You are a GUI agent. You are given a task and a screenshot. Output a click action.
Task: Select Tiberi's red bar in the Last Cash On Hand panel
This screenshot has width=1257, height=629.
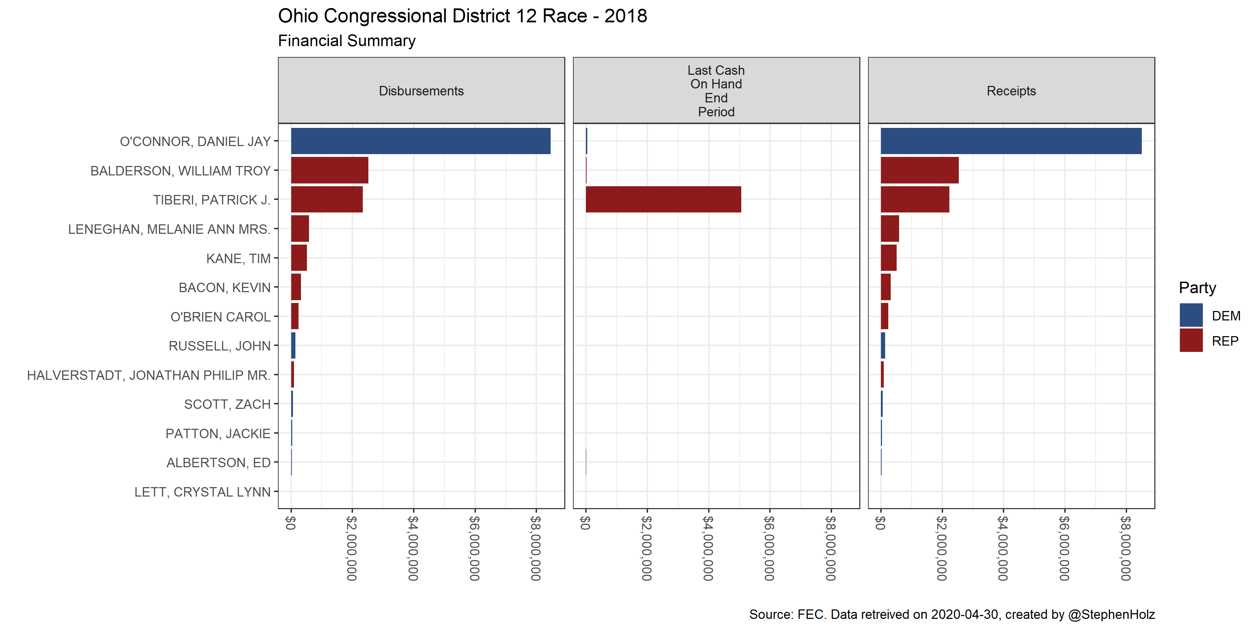click(x=663, y=199)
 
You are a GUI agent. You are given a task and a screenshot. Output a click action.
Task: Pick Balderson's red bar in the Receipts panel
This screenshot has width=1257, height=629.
click(x=919, y=171)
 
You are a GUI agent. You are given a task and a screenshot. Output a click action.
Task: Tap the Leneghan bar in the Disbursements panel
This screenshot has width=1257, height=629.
click(x=300, y=229)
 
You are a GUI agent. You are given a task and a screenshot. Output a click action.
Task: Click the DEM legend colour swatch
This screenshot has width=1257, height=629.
click(x=1191, y=316)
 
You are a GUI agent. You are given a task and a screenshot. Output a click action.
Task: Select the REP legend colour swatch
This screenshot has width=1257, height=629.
click(x=1191, y=340)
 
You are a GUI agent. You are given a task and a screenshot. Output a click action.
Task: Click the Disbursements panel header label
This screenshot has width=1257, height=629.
click(x=421, y=91)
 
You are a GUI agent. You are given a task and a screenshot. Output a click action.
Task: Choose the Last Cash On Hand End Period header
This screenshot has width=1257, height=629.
click(x=716, y=91)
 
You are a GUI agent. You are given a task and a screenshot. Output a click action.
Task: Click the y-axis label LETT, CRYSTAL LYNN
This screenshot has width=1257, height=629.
click(x=203, y=492)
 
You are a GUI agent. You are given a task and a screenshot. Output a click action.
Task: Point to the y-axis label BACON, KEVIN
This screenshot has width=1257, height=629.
click(x=225, y=288)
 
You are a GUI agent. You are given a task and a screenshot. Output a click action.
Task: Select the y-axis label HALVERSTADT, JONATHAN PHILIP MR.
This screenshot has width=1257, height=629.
click(x=148, y=375)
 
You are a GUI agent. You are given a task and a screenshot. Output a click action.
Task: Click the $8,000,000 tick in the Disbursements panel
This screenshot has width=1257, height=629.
click(x=536, y=548)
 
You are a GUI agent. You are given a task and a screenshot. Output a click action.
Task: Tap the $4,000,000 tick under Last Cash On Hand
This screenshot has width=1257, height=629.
click(x=708, y=548)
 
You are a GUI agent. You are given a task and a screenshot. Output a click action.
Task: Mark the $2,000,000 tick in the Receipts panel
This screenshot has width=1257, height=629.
click(x=942, y=548)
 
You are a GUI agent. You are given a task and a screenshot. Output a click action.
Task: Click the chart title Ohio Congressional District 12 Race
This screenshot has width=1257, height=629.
click(x=462, y=16)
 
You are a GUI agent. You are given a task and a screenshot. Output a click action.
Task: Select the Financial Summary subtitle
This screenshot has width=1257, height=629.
click(x=346, y=41)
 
